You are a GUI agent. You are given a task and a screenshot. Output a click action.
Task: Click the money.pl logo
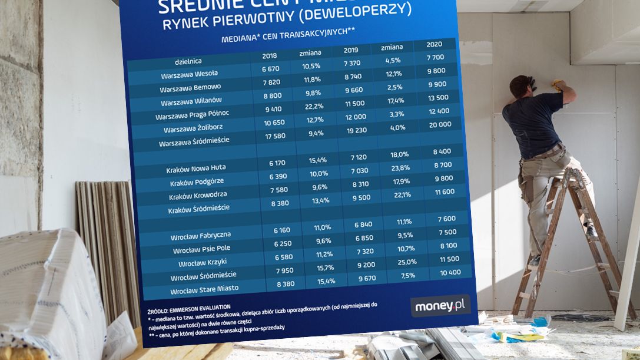coord(440,306)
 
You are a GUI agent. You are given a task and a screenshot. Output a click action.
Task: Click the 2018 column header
coord(270,57)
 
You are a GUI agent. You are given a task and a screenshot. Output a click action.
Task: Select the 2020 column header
coord(433,45)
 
